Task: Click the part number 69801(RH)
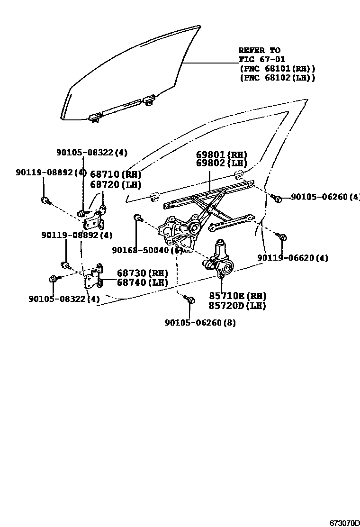tap(222, 155)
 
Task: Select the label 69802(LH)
tap(222, 164)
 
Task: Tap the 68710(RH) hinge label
tap(116, 175)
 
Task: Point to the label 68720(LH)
tap(116, 184)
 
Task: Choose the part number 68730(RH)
tap(143, 273)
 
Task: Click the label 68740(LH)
tap(143, 282)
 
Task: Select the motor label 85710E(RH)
tap(237, 296)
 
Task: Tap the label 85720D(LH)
tap(237, 306)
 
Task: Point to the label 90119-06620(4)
tap(293, 258)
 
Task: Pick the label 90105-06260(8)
tap(200, 323)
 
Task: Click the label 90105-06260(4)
tap(325, 197)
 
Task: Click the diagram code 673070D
tap(345, 523)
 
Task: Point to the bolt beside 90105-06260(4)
tap(278, 199)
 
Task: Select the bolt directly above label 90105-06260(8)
tap(190, 300)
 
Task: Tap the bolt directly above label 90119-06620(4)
tap(282, 236)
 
